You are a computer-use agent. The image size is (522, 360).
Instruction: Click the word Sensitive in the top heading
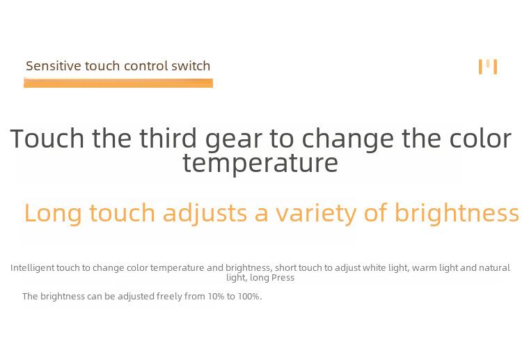[54, 66]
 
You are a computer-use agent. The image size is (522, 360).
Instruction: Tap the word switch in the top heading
[191, 66]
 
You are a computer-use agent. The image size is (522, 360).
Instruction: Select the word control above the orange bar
[145, 66]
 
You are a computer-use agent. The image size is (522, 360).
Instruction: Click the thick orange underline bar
[118, 83]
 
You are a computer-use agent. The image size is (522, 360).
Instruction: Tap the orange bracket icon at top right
[488, 67]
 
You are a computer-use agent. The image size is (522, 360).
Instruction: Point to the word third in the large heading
[168, 139]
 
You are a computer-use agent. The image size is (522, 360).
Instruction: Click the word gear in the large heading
[234, 141]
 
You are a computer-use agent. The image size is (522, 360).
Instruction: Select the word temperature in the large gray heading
[260, 163]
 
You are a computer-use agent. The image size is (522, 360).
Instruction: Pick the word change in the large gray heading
[347, 139]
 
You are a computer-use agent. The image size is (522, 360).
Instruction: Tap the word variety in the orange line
[316, 214]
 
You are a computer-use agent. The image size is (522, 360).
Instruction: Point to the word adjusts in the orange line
[205, 214]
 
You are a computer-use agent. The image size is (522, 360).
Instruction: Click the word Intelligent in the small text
[33, 268]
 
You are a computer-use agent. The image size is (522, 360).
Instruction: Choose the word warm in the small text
[424, 268]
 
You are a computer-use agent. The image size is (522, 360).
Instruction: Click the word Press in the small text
[283, 278]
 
